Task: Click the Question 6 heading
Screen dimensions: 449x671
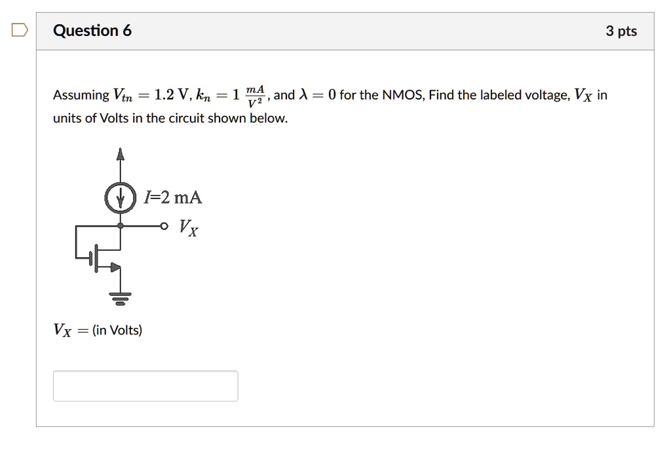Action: tap(92, 31)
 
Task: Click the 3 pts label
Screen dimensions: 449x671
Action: tap(621, 31)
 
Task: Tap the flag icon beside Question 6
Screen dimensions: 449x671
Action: tap(19, 30)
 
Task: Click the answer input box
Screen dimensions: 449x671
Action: tap(145, 386)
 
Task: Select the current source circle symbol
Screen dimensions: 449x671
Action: tap(120, 198)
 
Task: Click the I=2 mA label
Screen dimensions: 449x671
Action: tap(173, 198)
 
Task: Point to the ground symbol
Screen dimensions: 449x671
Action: tap(120, 298)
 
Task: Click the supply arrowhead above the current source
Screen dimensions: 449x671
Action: tap(120, 154)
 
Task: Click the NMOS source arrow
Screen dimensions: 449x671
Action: tap(115, 267)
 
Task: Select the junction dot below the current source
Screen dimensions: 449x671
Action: tap(120, 226)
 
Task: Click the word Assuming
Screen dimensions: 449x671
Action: tap(81, 96)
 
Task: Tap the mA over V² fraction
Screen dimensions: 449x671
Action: tap(255, 96)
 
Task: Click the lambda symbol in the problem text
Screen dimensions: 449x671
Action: tap(303, 95)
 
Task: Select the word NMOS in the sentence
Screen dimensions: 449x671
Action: tap(402, 96)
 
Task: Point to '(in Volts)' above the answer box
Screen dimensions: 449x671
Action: tap(117, 330)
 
